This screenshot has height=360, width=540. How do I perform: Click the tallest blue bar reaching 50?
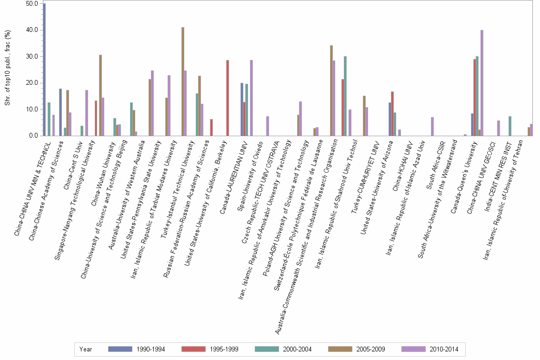click(44, 70)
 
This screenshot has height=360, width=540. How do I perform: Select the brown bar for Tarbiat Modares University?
click(183, 81)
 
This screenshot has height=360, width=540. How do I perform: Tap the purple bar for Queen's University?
click(482, 83)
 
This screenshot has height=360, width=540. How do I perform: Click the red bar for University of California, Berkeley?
click(228, 98)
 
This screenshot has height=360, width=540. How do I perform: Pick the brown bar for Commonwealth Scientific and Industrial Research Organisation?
click(331, 90)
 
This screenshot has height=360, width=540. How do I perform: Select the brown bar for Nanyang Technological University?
click(100, 95)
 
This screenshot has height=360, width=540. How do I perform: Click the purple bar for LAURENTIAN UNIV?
click(251, 98)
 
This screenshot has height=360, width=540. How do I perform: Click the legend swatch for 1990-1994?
click(120, 349)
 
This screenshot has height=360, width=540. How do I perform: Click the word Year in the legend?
click(86, 350)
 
